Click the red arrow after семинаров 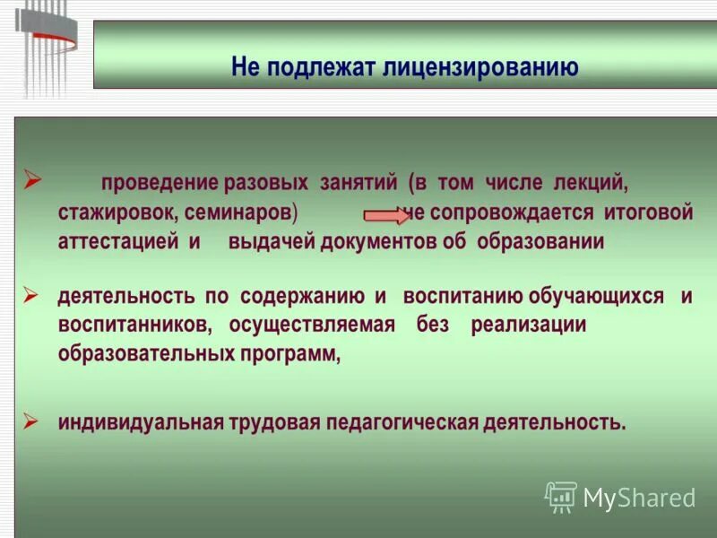(386, 214)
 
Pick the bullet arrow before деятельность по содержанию (30, 295)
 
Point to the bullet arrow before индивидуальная (30, 420)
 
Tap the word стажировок (108, 213)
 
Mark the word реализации (529, 325)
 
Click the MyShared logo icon (561, 497)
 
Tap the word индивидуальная (140, 421)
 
